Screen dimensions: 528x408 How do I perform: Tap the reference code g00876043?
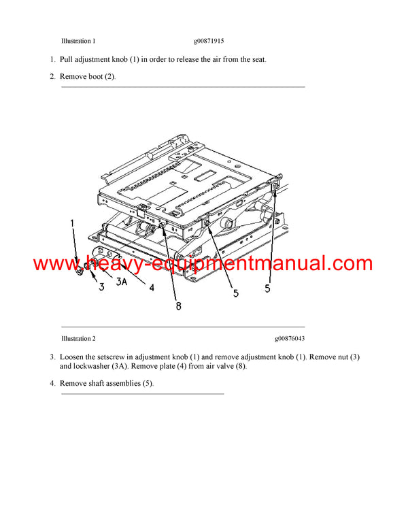(x=290, y=338)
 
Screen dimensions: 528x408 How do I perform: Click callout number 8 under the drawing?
(x=178, y=306)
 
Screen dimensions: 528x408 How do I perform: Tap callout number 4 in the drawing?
(x=152, y=287)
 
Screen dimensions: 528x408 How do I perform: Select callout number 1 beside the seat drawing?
(x=73, y=222)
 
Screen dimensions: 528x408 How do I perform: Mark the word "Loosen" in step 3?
(x=72, y=357)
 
